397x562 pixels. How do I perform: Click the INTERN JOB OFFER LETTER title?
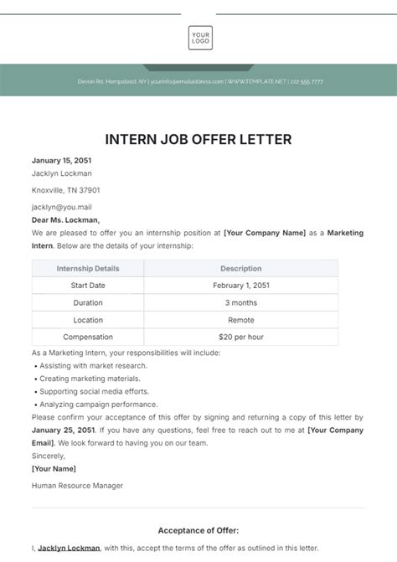point(198,138)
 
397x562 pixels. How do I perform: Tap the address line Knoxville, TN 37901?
point(65,190)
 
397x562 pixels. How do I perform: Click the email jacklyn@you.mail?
point(61,206)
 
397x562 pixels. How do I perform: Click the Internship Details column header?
point(88,269)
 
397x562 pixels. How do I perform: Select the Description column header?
point(241,269)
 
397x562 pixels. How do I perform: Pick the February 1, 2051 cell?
point(241,286)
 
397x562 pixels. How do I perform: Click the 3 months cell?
point(241,302)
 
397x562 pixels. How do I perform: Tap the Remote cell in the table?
point(241,320)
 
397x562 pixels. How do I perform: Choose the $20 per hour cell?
point(241,337)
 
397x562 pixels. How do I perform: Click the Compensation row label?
point(88,337)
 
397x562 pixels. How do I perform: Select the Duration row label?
point(88,302)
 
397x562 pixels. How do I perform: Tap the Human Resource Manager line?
point(77,485)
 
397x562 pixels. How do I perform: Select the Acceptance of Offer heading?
point(198,530)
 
